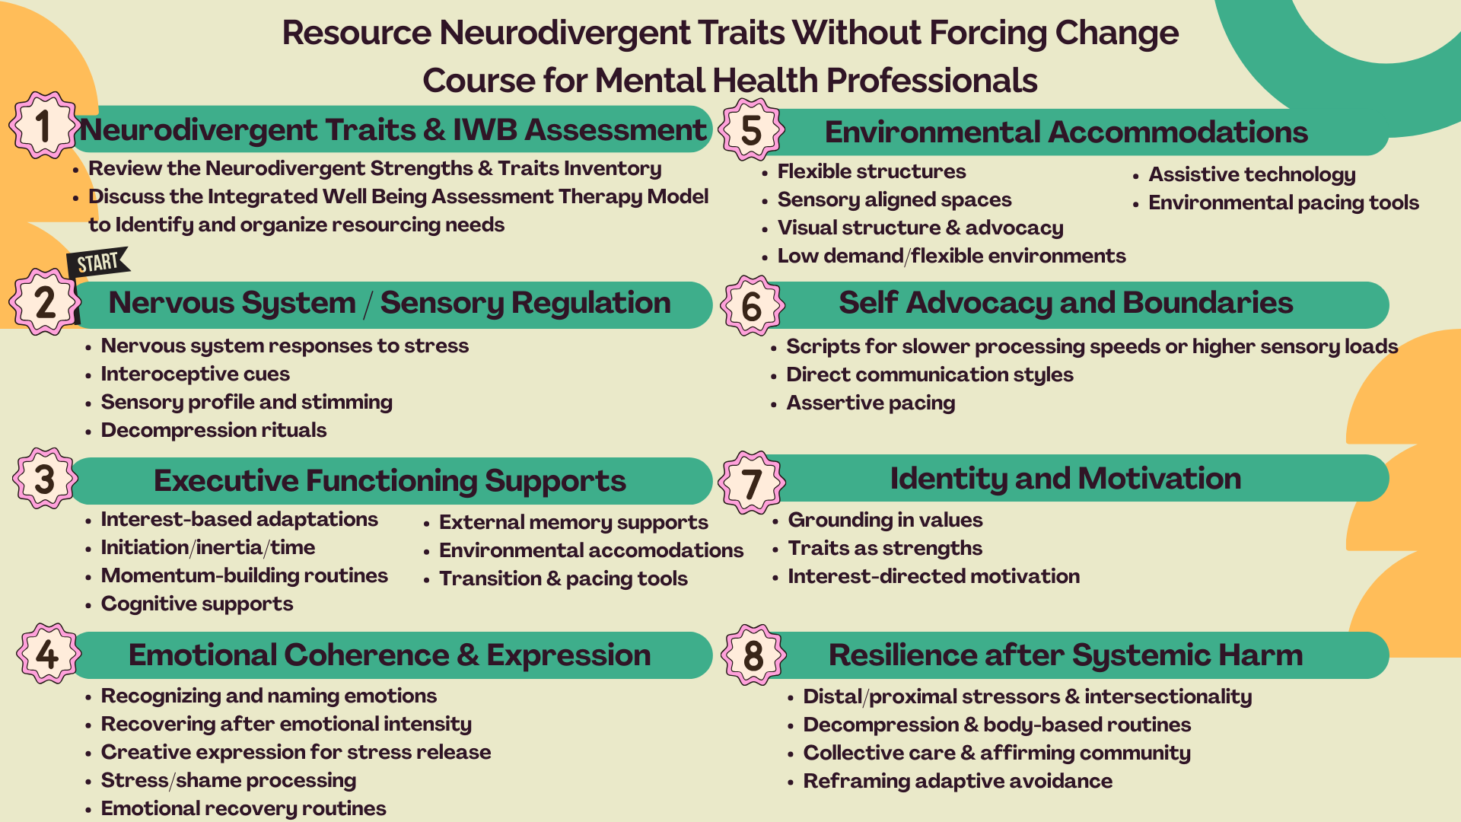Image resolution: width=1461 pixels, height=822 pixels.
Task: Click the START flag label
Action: click(98, 263)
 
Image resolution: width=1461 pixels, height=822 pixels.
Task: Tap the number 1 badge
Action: click(43, 126)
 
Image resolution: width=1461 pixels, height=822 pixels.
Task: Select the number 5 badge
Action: click(752, 129)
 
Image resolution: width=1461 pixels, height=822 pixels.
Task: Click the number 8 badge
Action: click(753, 655)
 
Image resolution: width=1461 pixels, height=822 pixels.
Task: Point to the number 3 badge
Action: click(45, 479)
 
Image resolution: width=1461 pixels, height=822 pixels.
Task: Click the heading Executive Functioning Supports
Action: click(390, 480)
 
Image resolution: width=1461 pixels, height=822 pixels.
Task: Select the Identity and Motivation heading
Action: click(1065, 478)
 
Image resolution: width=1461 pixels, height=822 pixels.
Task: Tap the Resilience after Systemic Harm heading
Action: click(1065, 655)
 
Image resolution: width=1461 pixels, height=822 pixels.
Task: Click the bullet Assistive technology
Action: click(1252, 174)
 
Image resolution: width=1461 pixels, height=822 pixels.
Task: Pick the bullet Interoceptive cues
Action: click(195, 374)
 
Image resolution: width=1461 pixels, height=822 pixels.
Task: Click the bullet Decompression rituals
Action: click(213, 430)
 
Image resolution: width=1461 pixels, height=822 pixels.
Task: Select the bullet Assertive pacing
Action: click(871, 403)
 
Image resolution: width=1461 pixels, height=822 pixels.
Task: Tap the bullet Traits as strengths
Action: click(885, 548)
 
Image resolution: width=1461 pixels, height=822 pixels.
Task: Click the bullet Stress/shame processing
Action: click(228, 780)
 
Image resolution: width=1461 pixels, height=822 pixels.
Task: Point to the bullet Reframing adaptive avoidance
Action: click(957, 781)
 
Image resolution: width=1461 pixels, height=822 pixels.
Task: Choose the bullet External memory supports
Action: click(573, 522)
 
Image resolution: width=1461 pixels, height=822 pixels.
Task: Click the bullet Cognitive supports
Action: click(196, 604)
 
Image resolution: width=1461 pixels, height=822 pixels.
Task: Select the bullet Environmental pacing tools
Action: click(1283, 202)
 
